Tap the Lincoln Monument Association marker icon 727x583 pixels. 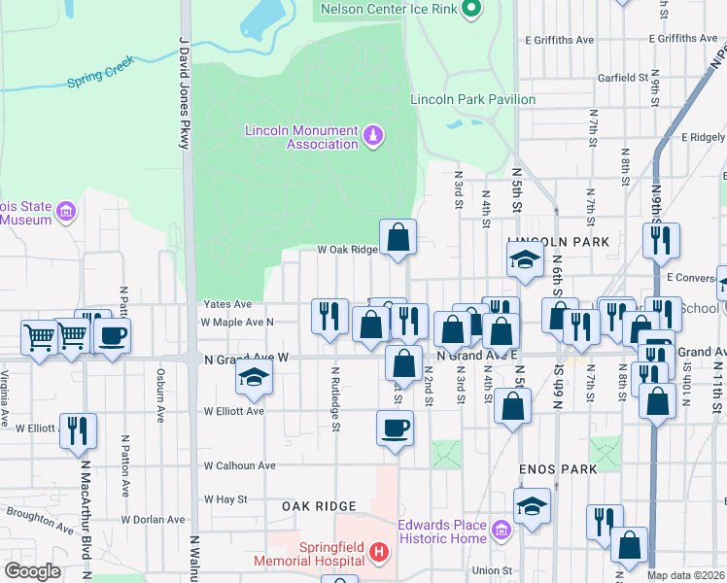pos(372,133)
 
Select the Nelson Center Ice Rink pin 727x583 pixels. pos(471,10)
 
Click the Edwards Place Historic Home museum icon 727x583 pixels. pos(502,531)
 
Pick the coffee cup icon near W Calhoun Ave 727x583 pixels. pos(395,428)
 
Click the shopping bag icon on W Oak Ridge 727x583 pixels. pos(398,236)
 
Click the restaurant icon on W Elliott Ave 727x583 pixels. pos(78,429)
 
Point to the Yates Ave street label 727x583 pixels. pos(227,304)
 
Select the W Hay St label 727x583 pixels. pos(225,499)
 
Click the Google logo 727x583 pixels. pos(33,570)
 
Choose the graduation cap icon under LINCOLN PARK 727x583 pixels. pos(524,259)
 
